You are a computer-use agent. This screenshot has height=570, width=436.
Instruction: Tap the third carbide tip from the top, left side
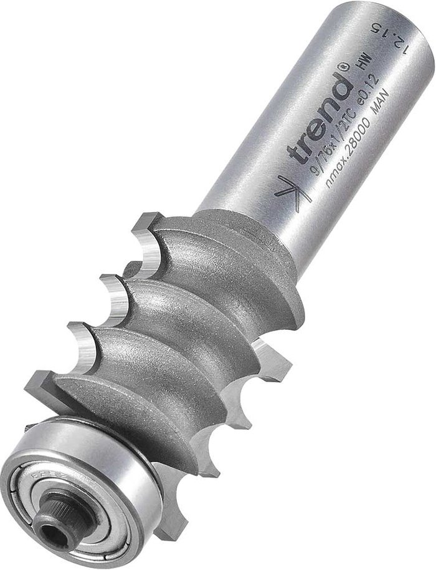(83, 340)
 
